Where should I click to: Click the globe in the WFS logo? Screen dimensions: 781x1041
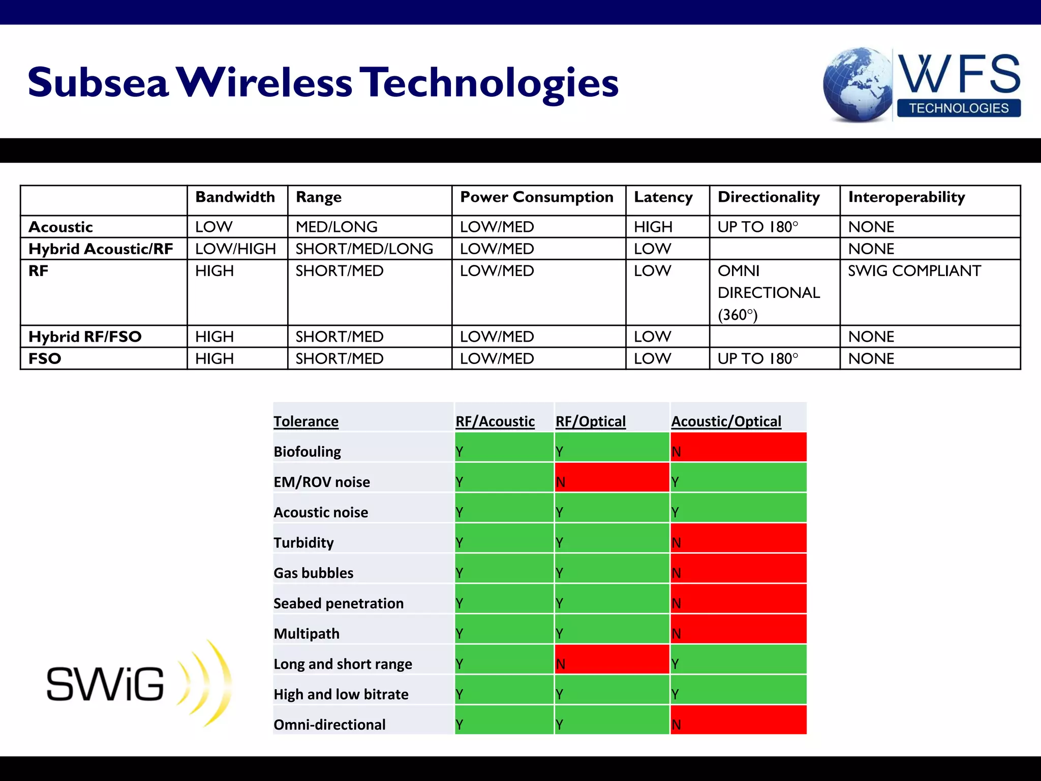click(858, 84)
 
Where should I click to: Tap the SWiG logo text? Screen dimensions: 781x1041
click(105, 684)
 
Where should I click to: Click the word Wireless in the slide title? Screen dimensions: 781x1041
click(264, 82)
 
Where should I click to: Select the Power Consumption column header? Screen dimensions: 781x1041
click(536, 197)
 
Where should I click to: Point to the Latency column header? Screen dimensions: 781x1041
click(663, 197)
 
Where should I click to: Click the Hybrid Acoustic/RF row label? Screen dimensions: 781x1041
click(101, 249)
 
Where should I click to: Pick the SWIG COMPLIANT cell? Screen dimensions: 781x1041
click(914, 271)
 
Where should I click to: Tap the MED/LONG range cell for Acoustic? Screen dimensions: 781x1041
click(336, 227)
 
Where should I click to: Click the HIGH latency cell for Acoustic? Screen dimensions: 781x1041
click(653, 227)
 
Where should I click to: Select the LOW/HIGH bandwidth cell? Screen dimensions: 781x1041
click(235, 249)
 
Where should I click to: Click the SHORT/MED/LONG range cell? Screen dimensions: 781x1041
click(364, 249)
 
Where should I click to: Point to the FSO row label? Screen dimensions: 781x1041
click(45, 359)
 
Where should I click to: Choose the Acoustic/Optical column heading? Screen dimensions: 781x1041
click(726, 422)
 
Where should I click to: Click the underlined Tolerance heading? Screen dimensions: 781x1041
click(306, 422)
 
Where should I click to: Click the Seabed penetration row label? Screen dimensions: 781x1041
click(339, 604)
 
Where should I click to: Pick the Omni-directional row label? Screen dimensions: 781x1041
click(329, 725)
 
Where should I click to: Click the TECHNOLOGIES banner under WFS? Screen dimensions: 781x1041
click(959, 108)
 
